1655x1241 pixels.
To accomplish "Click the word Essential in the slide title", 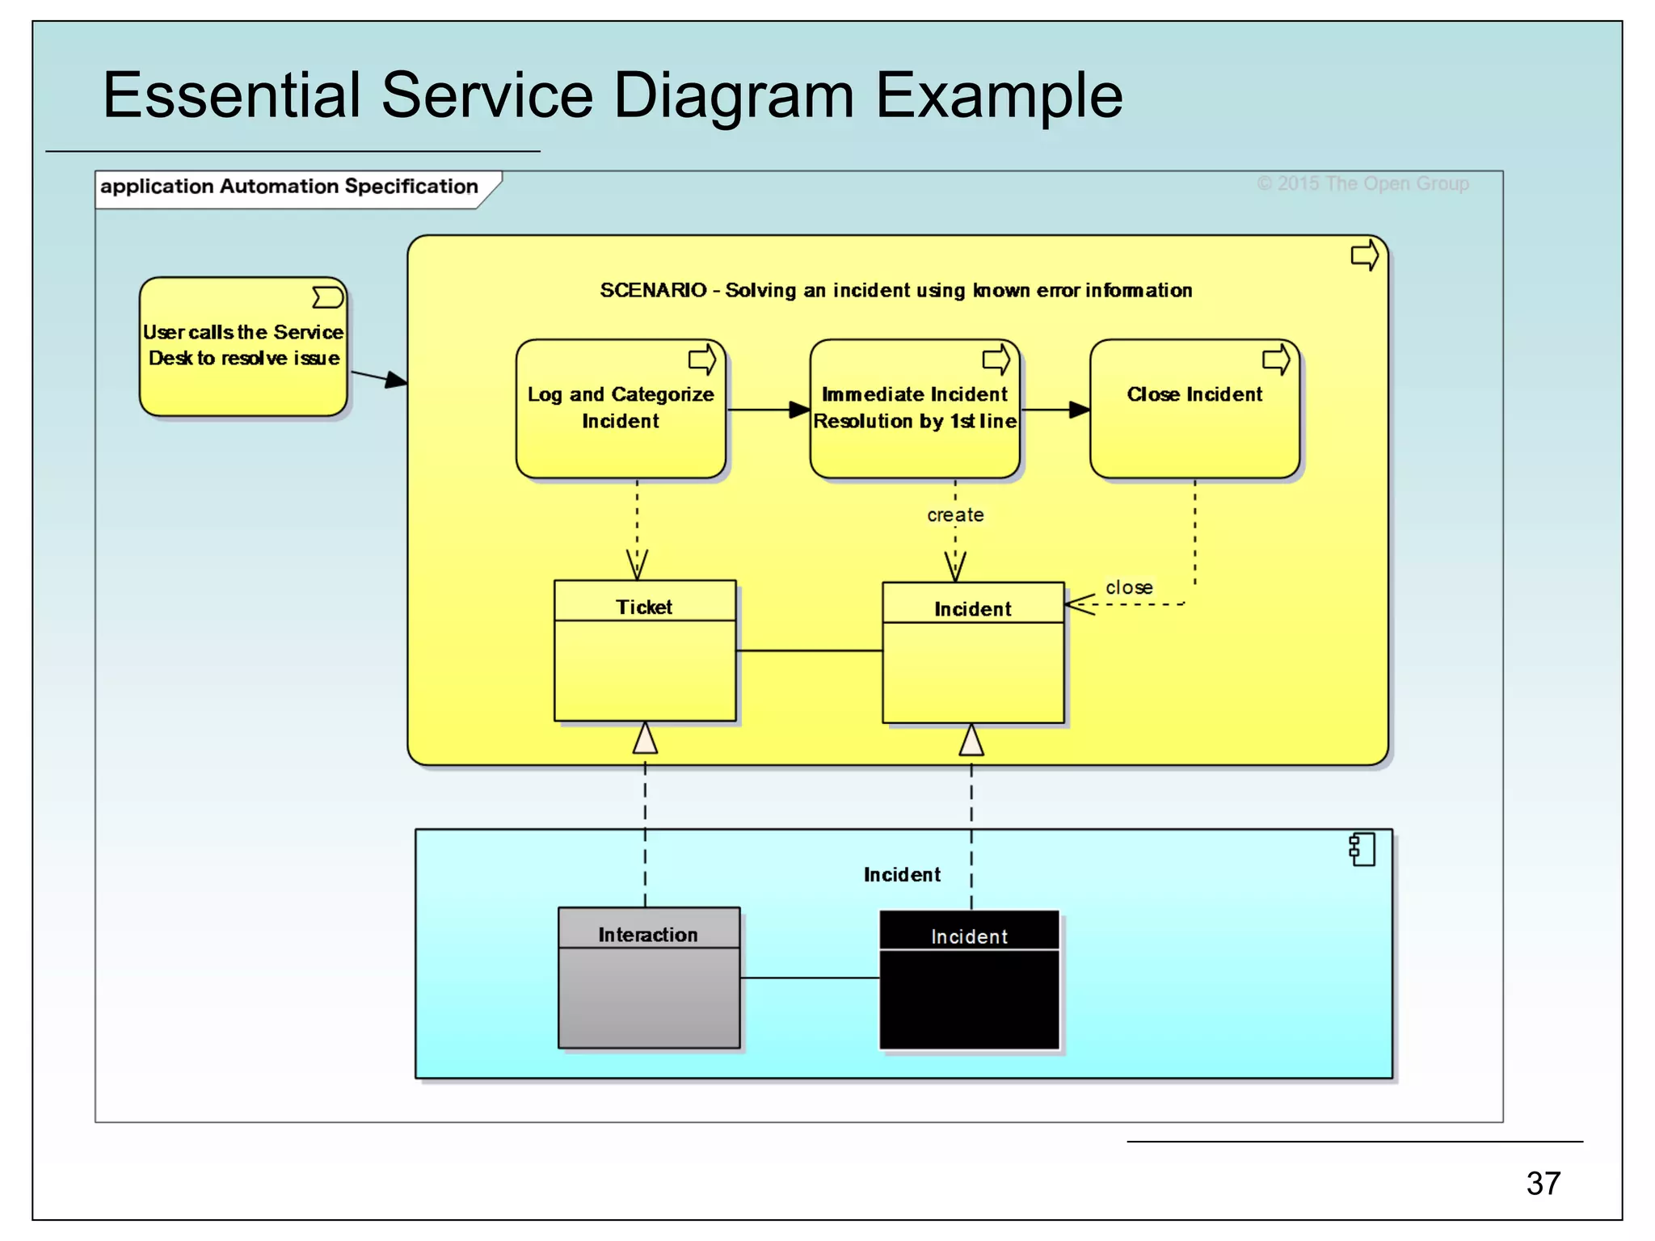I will tap(231, 95).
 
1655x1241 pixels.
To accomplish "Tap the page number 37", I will tap(1543, 1183).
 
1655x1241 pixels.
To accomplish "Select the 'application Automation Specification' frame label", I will tap(289, 187).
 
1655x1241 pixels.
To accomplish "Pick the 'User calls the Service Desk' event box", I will tap(243, 347).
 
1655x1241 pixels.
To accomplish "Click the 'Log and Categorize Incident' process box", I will tap(621, 409).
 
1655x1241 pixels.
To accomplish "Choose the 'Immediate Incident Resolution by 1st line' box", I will tap(915, 409).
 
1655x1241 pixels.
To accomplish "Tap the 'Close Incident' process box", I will tap(1194, 409).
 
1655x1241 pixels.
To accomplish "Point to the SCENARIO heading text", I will tap(895, 290).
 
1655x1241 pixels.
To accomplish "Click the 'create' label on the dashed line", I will tap(954, 515).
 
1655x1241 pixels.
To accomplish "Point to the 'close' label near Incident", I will tap(1129, 587).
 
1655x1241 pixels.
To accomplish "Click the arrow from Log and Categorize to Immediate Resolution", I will tap(768, 410).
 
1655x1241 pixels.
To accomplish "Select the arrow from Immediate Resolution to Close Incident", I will tap(1055, 410).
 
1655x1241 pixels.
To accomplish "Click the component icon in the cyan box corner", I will tap(1362, 850).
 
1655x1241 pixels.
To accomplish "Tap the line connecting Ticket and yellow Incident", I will tap(809, 650).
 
